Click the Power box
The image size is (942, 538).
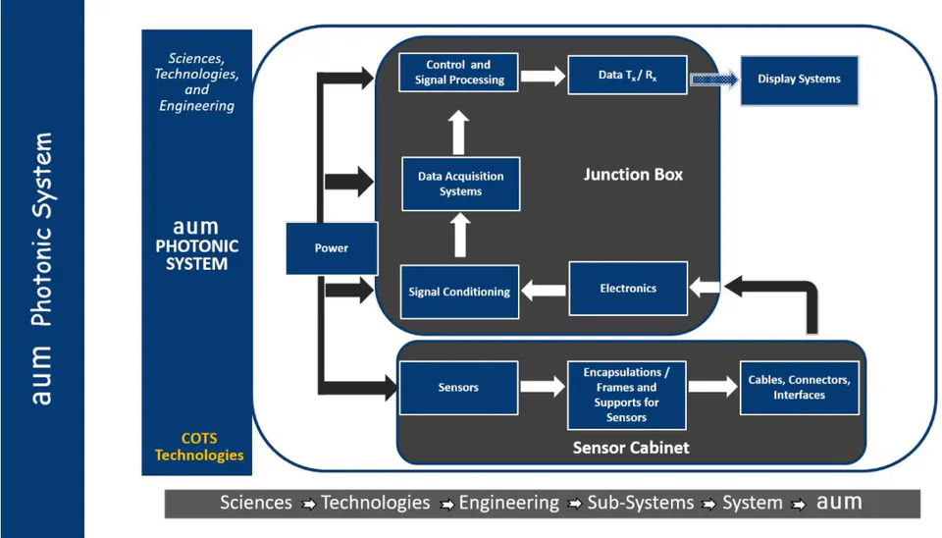tap(332, 248)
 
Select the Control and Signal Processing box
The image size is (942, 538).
tap(458, 72)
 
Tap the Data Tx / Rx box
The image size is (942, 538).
tap(627, 76)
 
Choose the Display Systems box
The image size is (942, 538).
tap(799, 80)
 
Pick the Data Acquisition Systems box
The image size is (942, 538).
tap(461, 184)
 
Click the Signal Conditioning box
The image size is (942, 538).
tap(459, 292)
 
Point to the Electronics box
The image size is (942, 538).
tap(628, 288)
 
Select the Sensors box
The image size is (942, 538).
tap(458, 388)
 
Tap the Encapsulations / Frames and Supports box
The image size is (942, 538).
tap(627, 395)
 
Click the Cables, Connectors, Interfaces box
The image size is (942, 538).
tap(799, 388)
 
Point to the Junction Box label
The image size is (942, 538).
tap(633, 175)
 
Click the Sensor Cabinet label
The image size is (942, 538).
tap(631, 448)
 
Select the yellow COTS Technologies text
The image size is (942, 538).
tap(199, 447)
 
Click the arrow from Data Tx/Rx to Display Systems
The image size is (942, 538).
tap(713, 80)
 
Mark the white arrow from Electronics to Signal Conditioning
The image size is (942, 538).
tap(545, 291)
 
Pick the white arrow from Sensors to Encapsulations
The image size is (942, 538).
tap(543, 386)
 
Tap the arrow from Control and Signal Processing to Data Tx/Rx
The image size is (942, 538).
tap(543, 76)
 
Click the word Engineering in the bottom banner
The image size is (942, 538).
tap(509, 503)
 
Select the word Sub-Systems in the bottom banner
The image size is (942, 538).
tap(641, 503)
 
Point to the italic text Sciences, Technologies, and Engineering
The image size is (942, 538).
tap(196, 81)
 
